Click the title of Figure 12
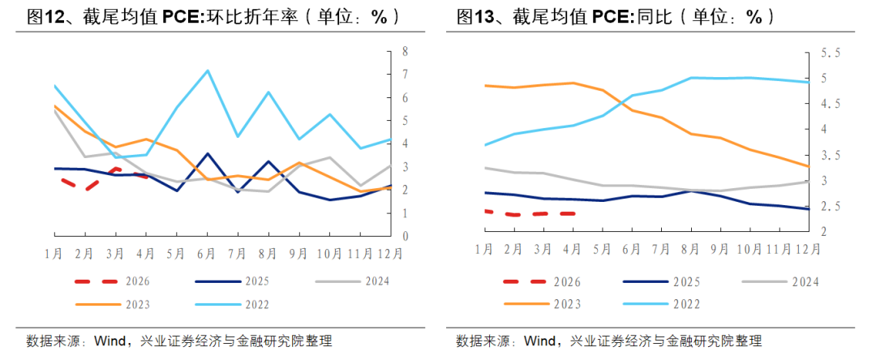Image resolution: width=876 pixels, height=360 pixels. pyautogui.click(x=213, y=17)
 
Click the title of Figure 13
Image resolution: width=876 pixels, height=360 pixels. pyautogui.click(x=616, y=17)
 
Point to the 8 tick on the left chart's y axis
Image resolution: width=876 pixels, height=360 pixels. pyautogui.click(x=405, y=51)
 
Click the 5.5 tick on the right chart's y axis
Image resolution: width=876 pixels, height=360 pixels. pyautogui.click(x=830, y=53)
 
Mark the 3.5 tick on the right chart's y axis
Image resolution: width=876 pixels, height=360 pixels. pyautogui.click(x=830, y=156)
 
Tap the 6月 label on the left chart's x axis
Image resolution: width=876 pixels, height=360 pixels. pyautogui.click(x=206, y=254)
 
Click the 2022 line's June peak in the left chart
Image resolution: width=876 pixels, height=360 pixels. pyautogui.click(x=208, y=71)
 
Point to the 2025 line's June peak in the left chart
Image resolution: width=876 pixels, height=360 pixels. pyautogui.click(x=208, y=153)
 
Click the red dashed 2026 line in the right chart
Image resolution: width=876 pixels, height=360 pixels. pyautogui.click(x=529, y=213)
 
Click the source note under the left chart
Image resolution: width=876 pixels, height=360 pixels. pyautogui.click(x=179, y=341)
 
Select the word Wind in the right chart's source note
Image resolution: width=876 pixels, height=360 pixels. pyautogui.click(x=539, y=341)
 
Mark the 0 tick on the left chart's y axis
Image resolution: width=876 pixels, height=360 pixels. pyautogui.click(x=405, y=236)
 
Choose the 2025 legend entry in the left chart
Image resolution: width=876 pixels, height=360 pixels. pyautogui.click(x=233, y=281)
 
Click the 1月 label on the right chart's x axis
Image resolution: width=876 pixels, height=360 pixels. pyautogui.click(x=483, y=249)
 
